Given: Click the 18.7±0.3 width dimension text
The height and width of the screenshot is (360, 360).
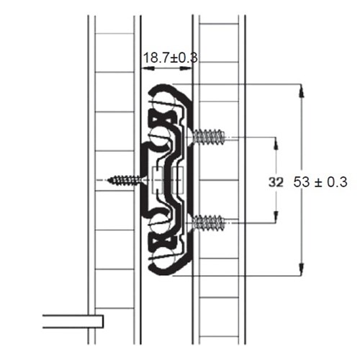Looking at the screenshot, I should tap(168, 55).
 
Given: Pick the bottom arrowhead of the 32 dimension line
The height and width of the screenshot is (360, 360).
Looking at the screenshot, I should tap(275, 217).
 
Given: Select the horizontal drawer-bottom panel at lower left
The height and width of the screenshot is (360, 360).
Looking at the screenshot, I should tap(72, 321).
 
